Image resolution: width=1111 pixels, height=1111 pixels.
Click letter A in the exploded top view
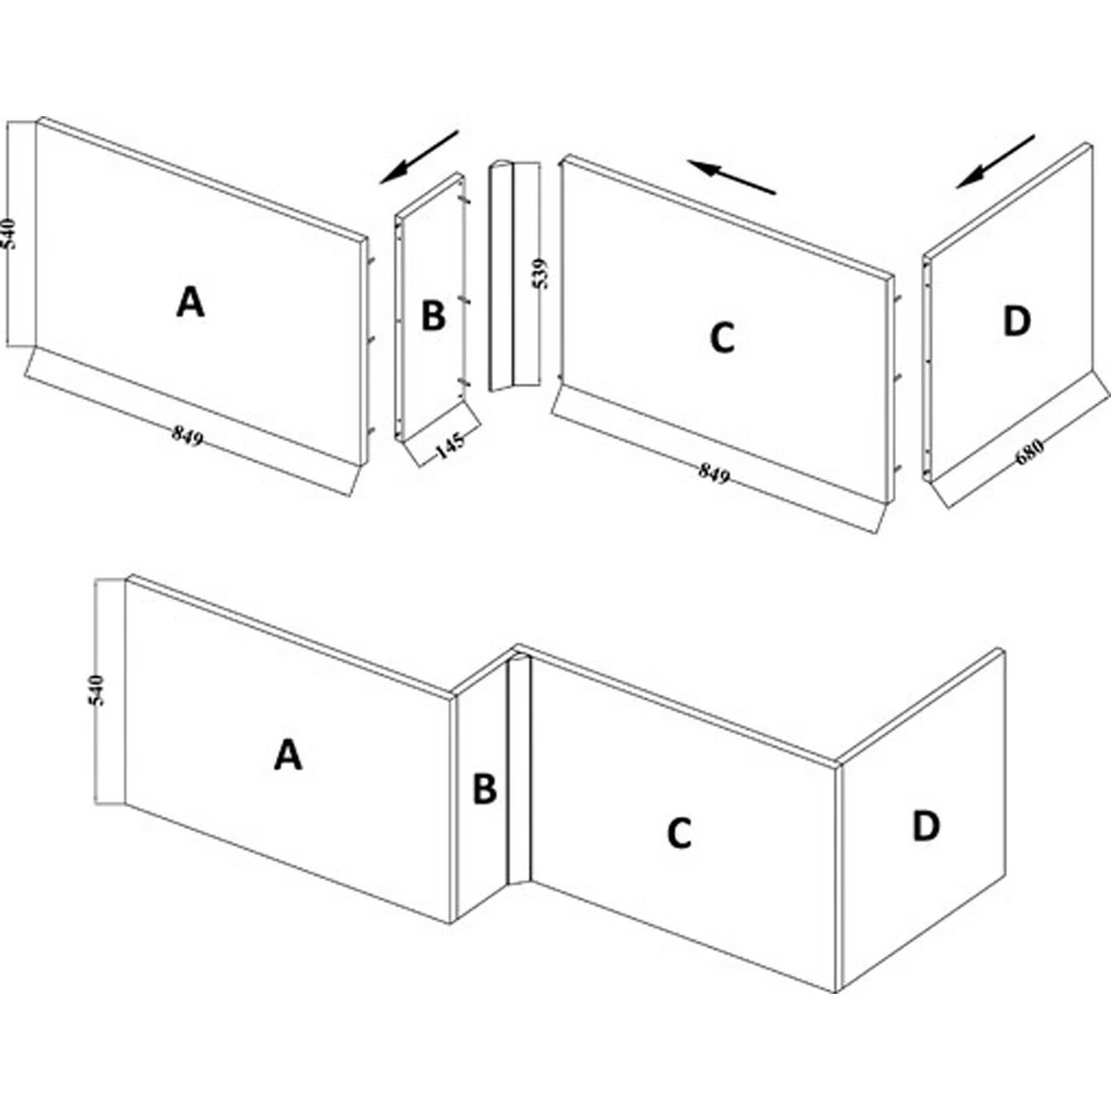point(190,303)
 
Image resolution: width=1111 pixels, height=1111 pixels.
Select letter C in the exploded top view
point(722,339)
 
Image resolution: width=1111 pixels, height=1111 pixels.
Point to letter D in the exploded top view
point(1016,322)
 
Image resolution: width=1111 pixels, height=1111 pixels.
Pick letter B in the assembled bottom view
point(484,789)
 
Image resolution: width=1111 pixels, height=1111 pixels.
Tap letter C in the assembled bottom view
point(679,833)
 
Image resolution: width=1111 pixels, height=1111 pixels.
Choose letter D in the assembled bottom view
point(926,826)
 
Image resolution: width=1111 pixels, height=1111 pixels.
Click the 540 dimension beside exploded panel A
point(10,233)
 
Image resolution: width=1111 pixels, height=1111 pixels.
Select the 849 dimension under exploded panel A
point(187,435)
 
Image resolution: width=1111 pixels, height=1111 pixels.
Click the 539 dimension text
point(540,273)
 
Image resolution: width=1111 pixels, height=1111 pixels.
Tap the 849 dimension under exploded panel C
point(714,473)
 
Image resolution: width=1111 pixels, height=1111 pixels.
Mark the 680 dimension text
point(1029,452)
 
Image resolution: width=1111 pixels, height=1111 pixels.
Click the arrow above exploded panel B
point(418,157)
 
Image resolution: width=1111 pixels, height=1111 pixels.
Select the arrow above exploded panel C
point(731,177)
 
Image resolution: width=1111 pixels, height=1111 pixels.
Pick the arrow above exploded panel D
point(996,161)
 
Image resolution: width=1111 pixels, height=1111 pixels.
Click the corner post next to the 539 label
point(515,277)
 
